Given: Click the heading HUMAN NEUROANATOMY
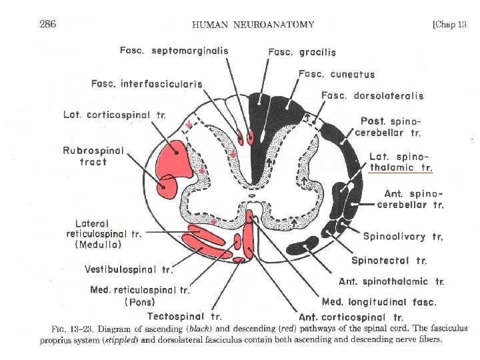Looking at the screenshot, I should pos(253,25).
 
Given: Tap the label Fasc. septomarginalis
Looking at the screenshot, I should pos(174,51).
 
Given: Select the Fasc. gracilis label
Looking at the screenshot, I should pos(302,52).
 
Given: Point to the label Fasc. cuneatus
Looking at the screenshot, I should pos(337,74).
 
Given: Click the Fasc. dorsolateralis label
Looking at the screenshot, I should pos(372,95).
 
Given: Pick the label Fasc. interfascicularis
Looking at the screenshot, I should pos(147,83).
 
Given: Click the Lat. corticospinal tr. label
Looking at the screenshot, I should pos(115,115).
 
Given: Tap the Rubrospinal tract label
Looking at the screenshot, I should pos(93,156).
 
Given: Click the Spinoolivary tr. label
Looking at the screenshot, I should pos(403,236).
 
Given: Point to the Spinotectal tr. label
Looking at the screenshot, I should pos(389,260).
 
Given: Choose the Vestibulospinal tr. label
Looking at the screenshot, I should pos(129,269).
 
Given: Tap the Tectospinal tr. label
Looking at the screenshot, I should pos(185,316).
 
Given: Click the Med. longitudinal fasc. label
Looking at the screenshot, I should pos(379,301).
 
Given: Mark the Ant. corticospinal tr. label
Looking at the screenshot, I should pos(351,317).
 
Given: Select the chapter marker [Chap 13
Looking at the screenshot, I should pos(449,25).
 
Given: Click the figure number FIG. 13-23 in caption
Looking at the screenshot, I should pos(73,329).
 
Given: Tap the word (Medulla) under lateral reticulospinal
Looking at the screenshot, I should pos(99,244).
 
